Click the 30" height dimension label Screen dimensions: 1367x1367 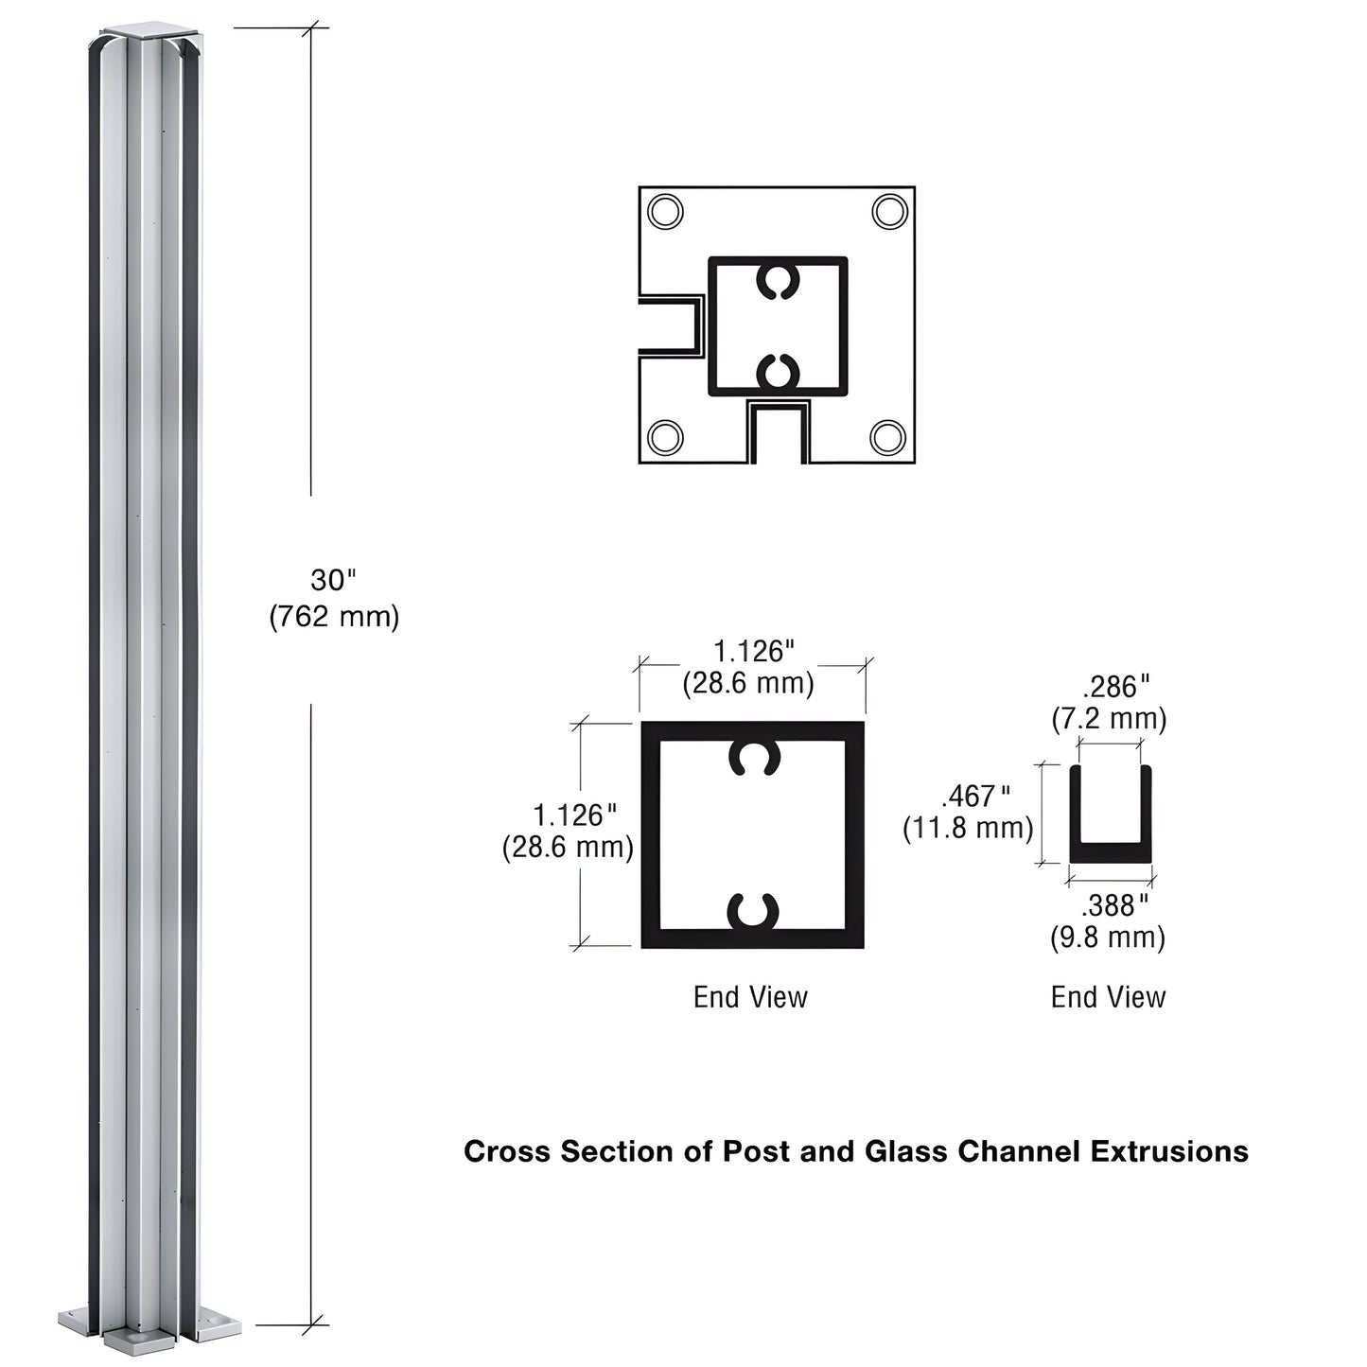pos(334,580)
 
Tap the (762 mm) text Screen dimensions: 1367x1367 pos(334,617)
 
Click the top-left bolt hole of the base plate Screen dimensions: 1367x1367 pos(665,211)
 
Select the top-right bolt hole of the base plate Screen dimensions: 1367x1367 pos(889,211)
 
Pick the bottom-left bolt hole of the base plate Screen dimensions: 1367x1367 pos(665,437)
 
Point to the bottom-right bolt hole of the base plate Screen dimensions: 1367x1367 pos(887,437)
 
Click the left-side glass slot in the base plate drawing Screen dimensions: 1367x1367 pos(670,325)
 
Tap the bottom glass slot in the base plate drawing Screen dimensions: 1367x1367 pos(778,434)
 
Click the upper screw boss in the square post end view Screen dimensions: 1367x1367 pos(754,757)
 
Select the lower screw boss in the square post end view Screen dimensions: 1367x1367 pos(753,911)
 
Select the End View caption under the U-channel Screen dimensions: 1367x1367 pos(1108,997)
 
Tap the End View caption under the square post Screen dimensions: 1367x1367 pos(750,997)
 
